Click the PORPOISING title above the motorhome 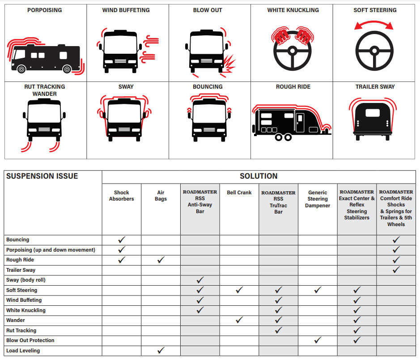44,10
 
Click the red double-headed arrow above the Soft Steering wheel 374,24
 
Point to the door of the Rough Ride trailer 300,122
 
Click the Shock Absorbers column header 121,196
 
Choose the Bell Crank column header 239,193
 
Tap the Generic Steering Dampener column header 318,199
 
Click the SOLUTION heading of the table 259,176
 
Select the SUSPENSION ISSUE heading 42,176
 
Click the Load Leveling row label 23,351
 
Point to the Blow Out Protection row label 30,340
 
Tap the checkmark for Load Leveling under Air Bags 161,350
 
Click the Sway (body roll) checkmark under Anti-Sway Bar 200,280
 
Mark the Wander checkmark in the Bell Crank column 239,320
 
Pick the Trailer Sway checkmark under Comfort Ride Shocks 396,270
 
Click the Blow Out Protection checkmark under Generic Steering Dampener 318,340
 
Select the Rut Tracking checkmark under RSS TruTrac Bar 279,330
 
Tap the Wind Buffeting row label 24,300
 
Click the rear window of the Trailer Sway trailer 373,113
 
